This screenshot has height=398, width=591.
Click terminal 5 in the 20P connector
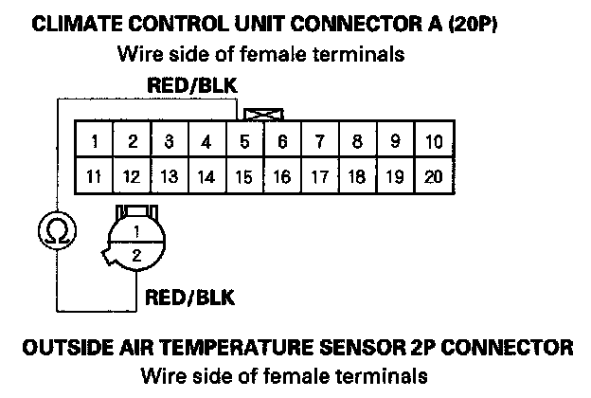tap(244, 143)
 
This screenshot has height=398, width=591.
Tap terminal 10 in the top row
tap(434, 143)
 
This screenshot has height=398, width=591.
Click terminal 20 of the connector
tap(434, 176)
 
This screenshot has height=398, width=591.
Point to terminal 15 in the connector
tap(244, 176)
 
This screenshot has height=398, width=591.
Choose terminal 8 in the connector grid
tap(358, 143)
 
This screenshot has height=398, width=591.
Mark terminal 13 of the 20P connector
tap(169, 176)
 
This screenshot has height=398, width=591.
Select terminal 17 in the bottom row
tap(320, 176)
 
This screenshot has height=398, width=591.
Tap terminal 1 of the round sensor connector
tap(136, 231)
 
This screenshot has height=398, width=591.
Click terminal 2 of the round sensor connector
tap(136, 254)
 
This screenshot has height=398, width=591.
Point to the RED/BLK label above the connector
tap(192, 87)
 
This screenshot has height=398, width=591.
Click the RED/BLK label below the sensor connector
tap(189, 299)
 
